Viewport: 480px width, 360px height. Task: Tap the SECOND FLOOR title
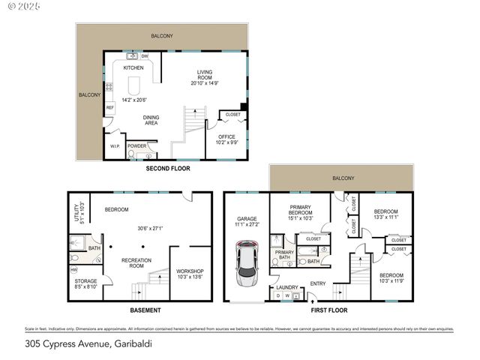tap(168, 169)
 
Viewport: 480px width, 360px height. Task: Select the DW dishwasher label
tap(145, 55)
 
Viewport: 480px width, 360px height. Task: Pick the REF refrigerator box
tap(109, 108)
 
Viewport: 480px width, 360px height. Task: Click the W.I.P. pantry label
tap(115, 145)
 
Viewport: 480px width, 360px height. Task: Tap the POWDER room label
tap(136, 145)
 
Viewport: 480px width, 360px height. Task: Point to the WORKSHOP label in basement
tap(190, 271)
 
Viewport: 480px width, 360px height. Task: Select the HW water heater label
tap(73, 269)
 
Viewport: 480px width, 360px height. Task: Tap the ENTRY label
tap(318, 283)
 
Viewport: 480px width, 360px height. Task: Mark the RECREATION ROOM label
tap(137, 262)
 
